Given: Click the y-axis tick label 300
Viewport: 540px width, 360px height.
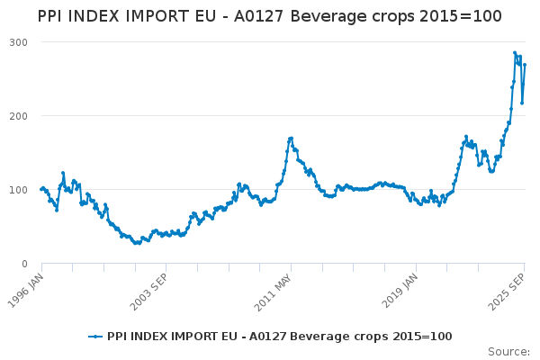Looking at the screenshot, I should (x=19, y=42).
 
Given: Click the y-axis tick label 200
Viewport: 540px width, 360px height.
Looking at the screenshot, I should (x=19, y=116).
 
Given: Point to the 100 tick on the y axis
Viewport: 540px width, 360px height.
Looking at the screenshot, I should (x=19, y=190).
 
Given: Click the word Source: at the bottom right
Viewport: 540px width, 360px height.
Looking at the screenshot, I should (x=508, y=351).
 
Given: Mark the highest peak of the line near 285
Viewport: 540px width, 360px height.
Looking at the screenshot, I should (x=515, y=53).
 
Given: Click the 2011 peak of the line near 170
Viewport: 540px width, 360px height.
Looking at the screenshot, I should (x=291, y=139).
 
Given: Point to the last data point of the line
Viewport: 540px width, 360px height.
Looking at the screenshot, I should (x=525, y=65).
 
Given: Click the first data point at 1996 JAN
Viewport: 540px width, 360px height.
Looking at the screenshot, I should (x=41, y=189).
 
